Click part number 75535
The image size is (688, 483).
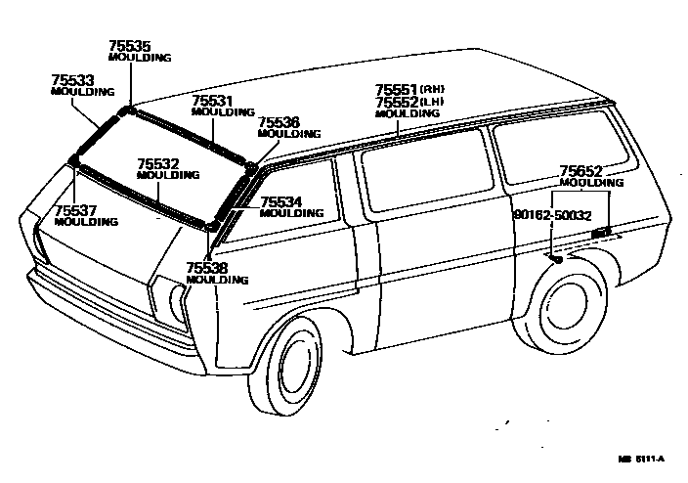click(x=130, y=45)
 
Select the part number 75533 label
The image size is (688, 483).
click(x=73, y=79)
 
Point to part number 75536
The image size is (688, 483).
click(x=279, y=122)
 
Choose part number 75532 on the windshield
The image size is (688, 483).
click(x=158, y=164)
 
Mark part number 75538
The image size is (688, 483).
click(x=207, y=267)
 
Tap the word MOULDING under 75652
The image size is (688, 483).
click(x=591, y=183)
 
